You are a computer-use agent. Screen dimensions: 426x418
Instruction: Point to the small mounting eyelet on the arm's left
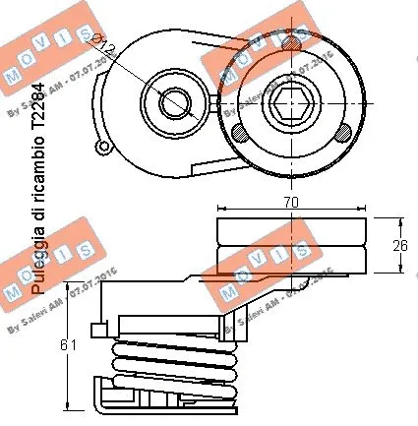click(101, 148)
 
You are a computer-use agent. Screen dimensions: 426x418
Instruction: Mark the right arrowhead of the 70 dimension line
click(364, 209)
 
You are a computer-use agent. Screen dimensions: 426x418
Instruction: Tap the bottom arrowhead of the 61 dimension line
click(66, 404)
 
